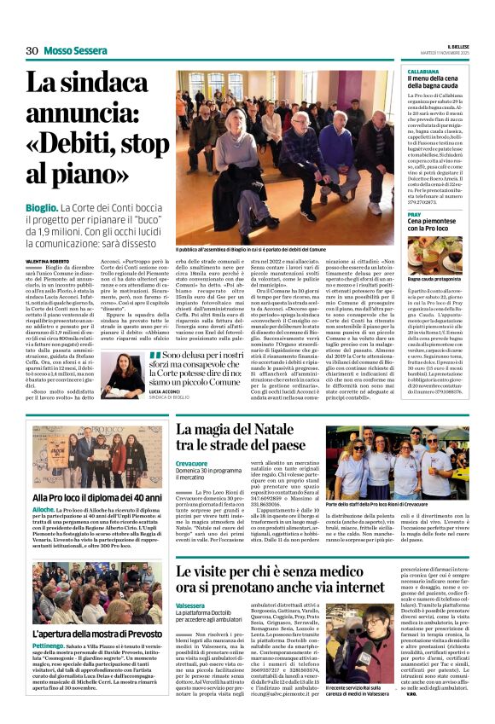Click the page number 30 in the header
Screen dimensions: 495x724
tap(32, 51)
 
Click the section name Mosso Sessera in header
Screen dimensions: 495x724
tap(75, 51)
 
